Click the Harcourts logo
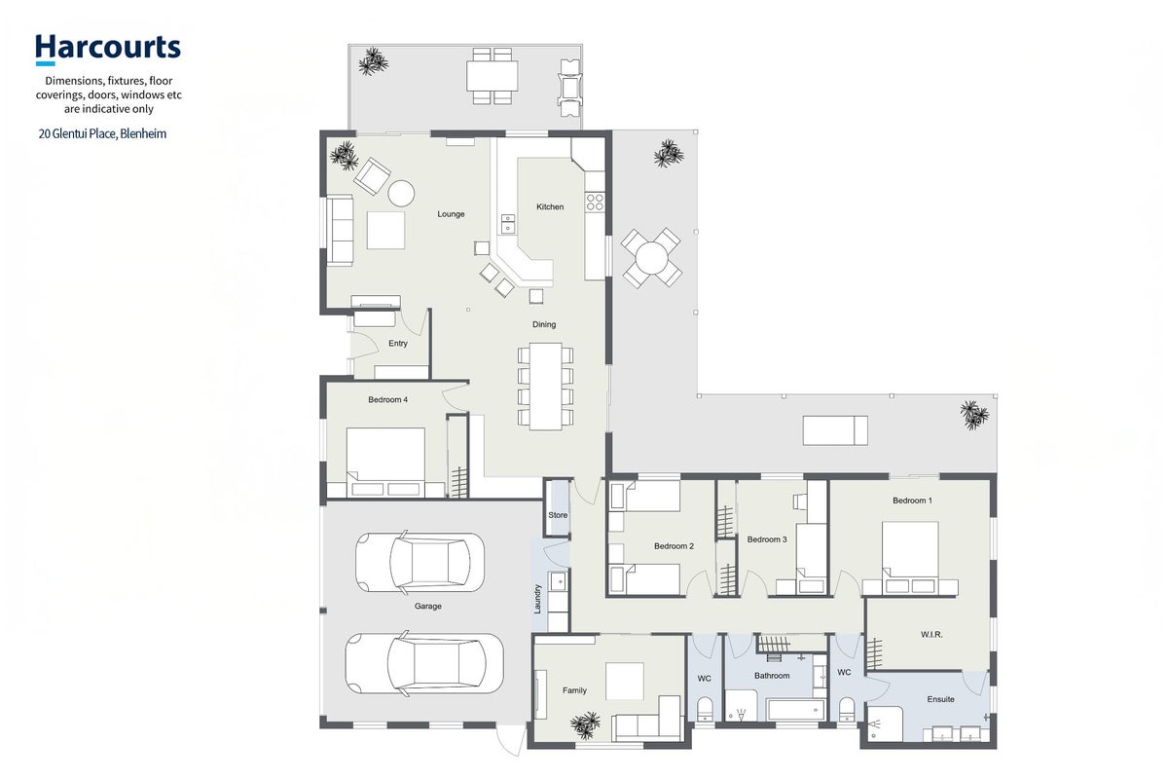(x=108, y=49)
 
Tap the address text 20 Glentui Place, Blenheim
(x=103, y=134)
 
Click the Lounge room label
(x=451, y=214)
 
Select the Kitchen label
(x=550, y=206)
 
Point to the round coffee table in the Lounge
(x=401, y=193)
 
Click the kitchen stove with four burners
(x=595, y=203)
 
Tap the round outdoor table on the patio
(x=651, y=258)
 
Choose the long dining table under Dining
(x=546, y=386)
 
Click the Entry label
(x=398, y=344)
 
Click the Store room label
(x=558, y=514)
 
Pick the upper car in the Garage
(x=419, y=562)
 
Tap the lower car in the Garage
(x=424, y=663)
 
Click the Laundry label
(x=537, y=599)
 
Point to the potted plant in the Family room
(x=586, y=723)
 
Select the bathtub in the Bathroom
(x=795, y=710)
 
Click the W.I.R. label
(x=931, y=635)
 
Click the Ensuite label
(x=941, y=699)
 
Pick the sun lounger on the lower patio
(x=835, y=430)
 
